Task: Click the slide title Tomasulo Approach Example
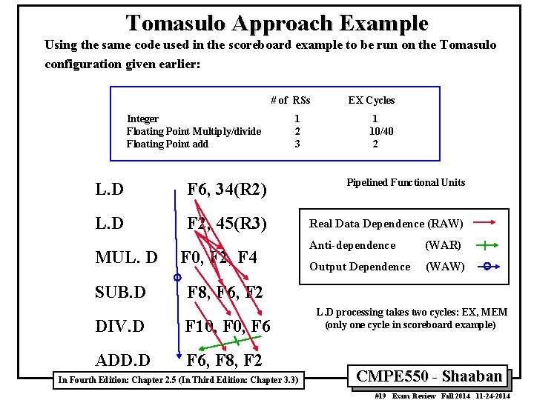(277, 23)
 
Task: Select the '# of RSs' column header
(290, 100)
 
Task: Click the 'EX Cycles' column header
(372, 100)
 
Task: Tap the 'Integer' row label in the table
(142, 119)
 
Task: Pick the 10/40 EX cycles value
(381, 131)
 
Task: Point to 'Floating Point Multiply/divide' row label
(194, 131)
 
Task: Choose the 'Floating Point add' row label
(168, 144)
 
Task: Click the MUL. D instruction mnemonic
(126, 258)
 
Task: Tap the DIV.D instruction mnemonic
(120, 326)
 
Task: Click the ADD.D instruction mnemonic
(122, 360)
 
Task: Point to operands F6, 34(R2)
(227, 190)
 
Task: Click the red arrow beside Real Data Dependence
(487, 223)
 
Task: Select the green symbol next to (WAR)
(486, 245)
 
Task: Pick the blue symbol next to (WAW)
(486, 267)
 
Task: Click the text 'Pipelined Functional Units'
(406, 183)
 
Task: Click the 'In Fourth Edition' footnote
(178, 380)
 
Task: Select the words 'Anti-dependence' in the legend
(352, 245)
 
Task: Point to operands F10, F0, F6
(228, 326)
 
